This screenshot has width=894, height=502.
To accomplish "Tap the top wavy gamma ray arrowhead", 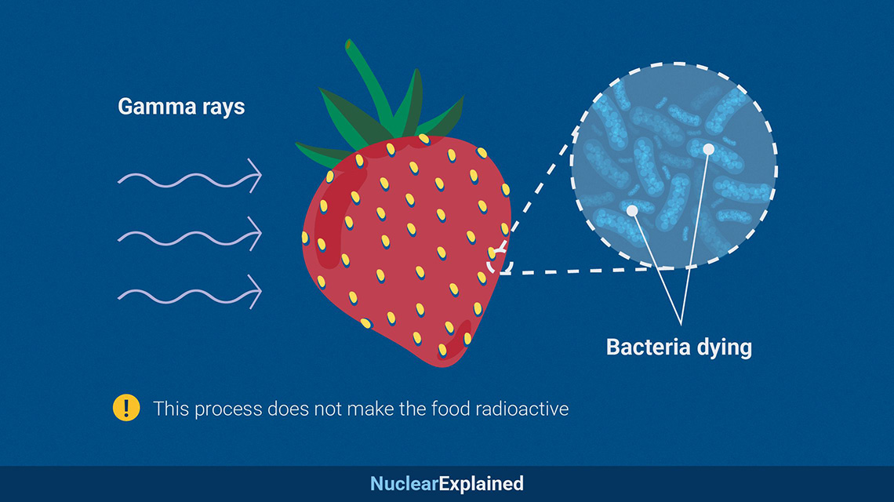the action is pyautogui.click(x=254, y=175).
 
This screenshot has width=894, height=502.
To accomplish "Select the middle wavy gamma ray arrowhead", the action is pyautogui.click(x=254, y=233).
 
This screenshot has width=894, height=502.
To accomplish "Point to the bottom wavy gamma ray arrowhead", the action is pyautogui.click(x=254, y=292).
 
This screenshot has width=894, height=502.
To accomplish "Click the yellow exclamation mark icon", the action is pyautogui.click(x=126, y=408).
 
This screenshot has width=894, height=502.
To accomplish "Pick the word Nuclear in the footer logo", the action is pyautogui.click(x=404, y=484).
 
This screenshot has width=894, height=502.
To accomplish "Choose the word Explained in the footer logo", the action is pyautogui.click(x=481, y=484).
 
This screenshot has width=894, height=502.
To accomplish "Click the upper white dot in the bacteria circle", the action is pyautogui.click(x=708, y=149).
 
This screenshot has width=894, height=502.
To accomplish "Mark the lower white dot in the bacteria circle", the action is pyautogui.click(x=632, y=210).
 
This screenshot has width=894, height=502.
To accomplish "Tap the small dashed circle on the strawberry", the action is pyautogui.click(x=500, y=260).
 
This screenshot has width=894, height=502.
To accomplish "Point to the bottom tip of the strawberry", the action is pyautogui.click(x=442, y=365).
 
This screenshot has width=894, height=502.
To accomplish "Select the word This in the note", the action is pyautogui.click(x=171, y=409).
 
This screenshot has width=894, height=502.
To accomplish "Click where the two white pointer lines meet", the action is pyautogui.click(x=681, y=325).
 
